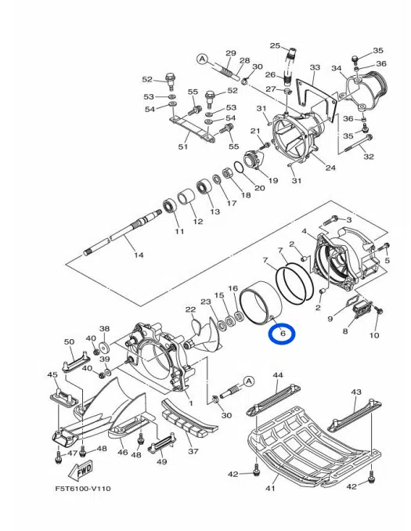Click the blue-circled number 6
pos(281,334)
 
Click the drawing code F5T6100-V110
pos(83,489)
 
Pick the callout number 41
pos(270,488)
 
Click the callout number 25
pos(276,45)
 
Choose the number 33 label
pos(315,68)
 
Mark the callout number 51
pos(183,146)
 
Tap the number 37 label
pos(193,451)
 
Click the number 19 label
pos(272,180)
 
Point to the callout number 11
pos(178,232)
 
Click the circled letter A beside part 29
pos(201,58)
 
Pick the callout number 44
pos(276,376)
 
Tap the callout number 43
pos(355,392)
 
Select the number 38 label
pos(104,330)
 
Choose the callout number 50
pos(69,342)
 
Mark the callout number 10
pos(373,335)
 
